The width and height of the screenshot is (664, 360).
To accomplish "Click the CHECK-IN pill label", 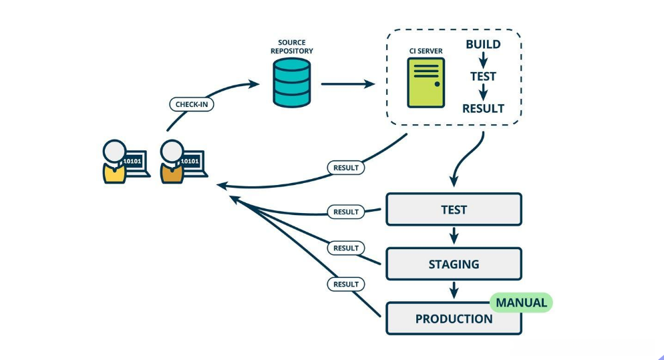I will tap(190, 104).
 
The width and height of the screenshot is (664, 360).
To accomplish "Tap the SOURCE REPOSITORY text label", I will tap(292, 47).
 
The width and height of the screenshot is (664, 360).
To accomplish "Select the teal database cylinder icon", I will tap(292, 82).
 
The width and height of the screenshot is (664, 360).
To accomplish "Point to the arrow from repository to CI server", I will tap(347, 84).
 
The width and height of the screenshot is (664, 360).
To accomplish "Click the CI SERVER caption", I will tap(426, 51).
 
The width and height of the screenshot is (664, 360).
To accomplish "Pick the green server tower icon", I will tap(426, 82).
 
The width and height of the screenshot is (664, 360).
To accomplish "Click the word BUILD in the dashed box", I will tap(483, 45).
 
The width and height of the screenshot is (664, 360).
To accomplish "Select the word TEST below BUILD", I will tap(483, 76).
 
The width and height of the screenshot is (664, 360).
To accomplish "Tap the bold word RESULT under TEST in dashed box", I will tap(483, 108).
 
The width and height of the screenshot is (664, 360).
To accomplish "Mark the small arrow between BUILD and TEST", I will tap(483, 61).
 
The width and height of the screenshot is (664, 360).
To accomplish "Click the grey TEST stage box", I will tap(454, 210).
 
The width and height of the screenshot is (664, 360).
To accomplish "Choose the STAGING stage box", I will tap(454, 264).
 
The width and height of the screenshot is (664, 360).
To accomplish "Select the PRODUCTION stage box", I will tap(454, 319).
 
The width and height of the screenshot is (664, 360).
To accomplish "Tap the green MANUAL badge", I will tap(521, 303).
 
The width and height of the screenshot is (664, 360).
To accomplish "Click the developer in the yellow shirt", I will tap(115, 162).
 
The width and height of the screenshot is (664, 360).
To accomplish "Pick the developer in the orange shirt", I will tap(172, 162).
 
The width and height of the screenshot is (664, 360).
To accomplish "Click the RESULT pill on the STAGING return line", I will tap(346, 248).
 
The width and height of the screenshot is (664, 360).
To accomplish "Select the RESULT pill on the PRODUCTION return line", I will tap(346, 284).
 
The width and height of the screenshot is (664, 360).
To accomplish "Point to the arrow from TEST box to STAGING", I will tap(454, 236).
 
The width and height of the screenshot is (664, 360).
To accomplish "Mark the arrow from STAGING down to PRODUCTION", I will tap(454, 290).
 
